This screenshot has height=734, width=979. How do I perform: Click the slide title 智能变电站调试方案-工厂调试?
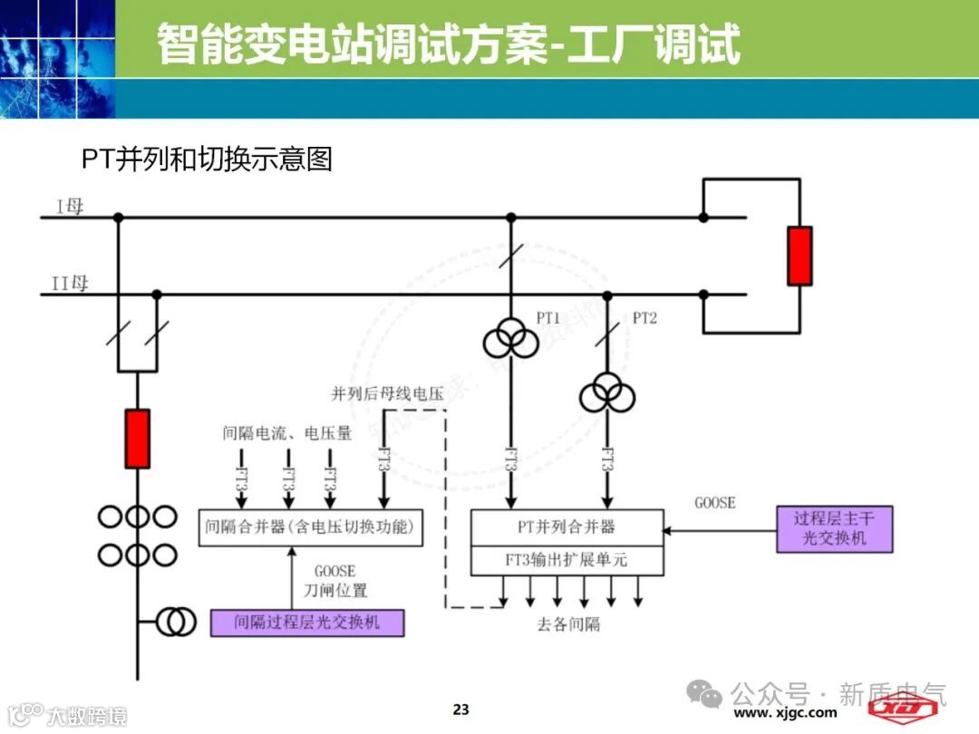449,43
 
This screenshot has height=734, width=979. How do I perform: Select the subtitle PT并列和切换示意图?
208,159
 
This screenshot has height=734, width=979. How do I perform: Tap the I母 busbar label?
70,207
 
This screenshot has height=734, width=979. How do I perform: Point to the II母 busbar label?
70,284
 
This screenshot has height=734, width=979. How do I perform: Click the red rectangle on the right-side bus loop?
799,256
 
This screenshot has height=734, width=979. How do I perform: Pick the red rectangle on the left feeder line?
137,439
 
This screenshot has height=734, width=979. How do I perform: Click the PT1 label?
548,318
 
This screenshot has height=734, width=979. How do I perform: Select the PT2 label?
645,318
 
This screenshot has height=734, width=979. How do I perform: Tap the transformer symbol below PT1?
509,342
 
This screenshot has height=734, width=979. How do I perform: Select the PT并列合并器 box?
567,526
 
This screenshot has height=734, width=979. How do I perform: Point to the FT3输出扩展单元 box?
567,560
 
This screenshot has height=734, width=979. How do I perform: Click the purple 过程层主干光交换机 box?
835,529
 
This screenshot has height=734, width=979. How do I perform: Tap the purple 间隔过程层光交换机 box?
307,623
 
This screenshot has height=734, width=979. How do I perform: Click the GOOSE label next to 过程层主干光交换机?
715,502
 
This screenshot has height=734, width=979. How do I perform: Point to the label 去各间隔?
569,624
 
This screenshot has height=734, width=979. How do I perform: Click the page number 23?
461,709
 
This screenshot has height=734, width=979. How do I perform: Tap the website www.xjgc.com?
785,713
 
